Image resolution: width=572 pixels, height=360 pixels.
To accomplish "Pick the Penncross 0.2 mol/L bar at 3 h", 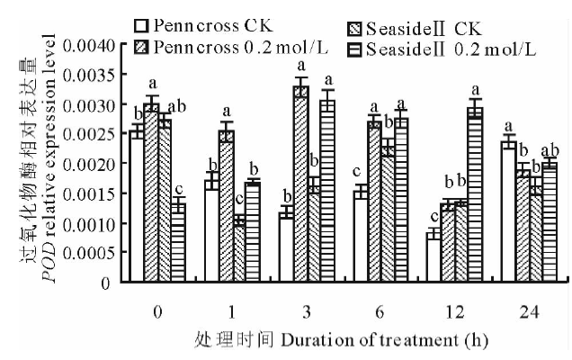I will tap(301, 184).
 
